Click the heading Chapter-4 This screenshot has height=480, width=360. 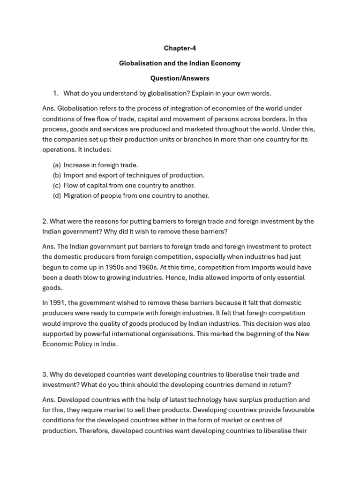(x=180, y=48)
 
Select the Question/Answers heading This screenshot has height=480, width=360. (x=180, y=78)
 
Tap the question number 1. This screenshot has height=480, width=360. (x=55, y=93)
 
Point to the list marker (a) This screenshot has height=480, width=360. (x=57, y=165)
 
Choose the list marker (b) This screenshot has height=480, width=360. (x=57, y=175)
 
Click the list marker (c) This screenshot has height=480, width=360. (x=57, y=185)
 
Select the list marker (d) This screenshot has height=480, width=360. (x=57, y=195)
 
